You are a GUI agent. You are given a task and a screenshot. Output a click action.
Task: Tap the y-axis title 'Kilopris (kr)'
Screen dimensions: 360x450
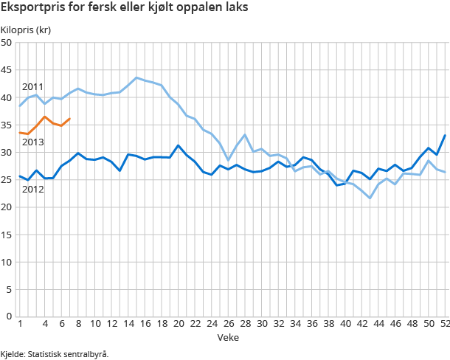(x=26, y=30)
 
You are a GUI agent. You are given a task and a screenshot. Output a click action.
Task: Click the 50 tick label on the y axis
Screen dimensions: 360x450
(x=7, y=43)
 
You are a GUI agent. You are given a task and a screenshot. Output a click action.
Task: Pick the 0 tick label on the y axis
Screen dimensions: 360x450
(x=10, y=316)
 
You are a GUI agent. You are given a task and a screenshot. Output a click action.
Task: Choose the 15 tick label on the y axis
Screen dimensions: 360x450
(x=7, y=235)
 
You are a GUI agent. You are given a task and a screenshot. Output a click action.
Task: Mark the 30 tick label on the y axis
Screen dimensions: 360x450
(x=7, y=152)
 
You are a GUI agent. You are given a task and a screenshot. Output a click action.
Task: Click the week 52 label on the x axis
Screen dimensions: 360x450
(x=445, y=324)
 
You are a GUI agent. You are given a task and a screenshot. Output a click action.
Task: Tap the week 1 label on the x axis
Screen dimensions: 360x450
(x=19, y=324)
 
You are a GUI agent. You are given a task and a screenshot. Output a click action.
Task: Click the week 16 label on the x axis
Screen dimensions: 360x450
(x=145, y=324)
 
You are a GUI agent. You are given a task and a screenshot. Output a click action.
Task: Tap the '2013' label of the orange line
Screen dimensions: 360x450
(x=32, y=142)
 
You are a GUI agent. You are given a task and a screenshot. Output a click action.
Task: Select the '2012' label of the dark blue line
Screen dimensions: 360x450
(x=32, y=190)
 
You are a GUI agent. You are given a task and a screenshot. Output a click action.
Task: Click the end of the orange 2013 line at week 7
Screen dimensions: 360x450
(x=69, y=119)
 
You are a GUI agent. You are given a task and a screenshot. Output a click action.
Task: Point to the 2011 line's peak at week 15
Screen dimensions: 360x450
(x=136, y=77)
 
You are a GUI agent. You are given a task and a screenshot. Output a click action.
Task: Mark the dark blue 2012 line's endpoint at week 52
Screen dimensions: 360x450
(x=445, y=135)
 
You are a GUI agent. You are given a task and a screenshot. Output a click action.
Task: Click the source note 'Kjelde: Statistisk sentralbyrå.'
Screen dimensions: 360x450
(x=55, y=354)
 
